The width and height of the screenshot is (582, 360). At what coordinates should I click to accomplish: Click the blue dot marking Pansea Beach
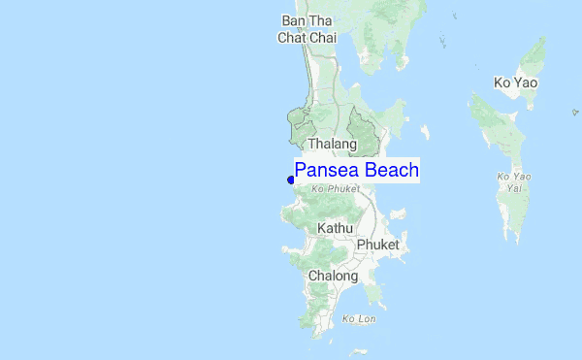point(290,180)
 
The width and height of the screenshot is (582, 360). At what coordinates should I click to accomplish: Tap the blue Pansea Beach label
point(356,171)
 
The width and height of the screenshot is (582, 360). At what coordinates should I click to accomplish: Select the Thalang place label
point(333,144)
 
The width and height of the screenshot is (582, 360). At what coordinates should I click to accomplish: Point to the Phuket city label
point(377,245)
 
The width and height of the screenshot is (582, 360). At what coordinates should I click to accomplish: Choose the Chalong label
point(333,276)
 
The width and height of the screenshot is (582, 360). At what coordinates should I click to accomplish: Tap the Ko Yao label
point(514,82)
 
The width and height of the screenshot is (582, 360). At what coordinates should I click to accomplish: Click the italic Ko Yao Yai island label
point(514,181)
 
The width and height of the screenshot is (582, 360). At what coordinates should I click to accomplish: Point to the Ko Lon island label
point(358,318)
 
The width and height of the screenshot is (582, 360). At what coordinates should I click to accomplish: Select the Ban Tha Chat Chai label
point(306,29)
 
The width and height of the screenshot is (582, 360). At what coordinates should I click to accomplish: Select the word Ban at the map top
point(292,20)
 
